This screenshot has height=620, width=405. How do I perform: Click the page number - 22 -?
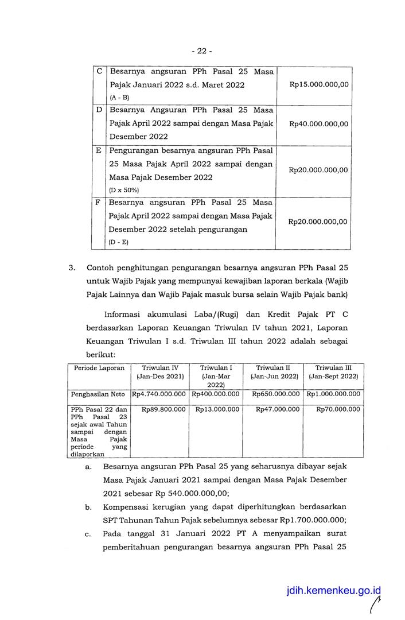(x=201, y=51)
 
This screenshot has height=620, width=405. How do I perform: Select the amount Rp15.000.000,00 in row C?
(x=319, y=84)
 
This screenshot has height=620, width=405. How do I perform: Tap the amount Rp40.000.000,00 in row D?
(x=319, y=123)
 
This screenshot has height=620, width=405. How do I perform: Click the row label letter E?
(x=99, y=150)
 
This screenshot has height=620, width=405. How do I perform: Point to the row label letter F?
(x=99, y=203)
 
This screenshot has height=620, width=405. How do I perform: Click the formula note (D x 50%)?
(x=123, y=190)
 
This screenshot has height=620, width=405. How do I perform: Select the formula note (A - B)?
(x=119, y=98)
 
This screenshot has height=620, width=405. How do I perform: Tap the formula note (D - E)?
(x=119, y=242)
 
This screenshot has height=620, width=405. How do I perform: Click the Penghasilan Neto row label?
(x=99, y=394)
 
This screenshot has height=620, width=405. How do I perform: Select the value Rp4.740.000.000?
(x=159, y=394)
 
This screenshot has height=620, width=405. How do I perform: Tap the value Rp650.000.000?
(x=275, y=394)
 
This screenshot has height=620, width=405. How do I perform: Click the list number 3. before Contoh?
(x=72, y=268)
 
